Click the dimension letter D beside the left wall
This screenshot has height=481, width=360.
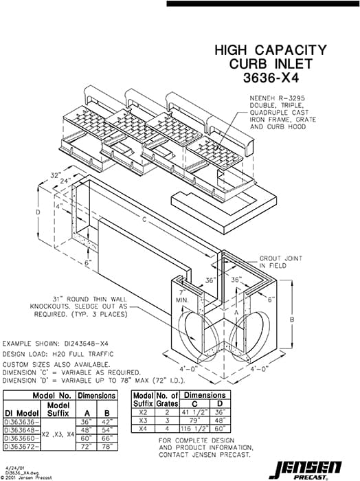coord(38,213)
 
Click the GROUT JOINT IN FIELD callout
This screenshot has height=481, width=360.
coord(278,262)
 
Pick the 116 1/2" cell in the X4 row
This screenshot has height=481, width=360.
coord(194,428)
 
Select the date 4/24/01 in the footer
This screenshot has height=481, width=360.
coord(14,465)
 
